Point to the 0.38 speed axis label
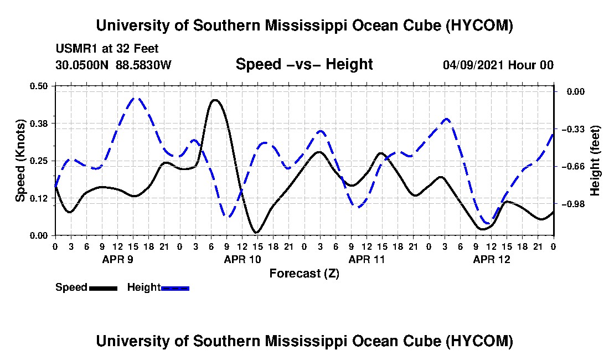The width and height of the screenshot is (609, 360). tap(39, 124)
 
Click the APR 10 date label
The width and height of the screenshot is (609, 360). tap(242, 259)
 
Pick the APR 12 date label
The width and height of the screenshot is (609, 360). tap(491, 259)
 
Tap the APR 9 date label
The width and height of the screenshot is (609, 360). tap(118, 259)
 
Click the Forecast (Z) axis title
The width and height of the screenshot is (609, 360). tap(304, 274)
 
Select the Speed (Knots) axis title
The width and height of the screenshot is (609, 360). tap(20, 161)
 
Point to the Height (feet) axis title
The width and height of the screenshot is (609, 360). tap(595, 161)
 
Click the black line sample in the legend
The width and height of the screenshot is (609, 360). tap(104, 288)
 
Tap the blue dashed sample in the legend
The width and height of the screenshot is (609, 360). tap(175, 288)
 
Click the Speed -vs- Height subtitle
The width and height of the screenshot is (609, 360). tap(304, 64)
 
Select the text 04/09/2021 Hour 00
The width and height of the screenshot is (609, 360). tap(498, 65)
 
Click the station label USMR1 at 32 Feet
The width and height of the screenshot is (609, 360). tap(107, 49)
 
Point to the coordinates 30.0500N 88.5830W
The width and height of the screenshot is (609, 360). tap(113, 65)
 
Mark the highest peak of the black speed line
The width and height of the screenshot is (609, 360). tap(215, 100)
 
